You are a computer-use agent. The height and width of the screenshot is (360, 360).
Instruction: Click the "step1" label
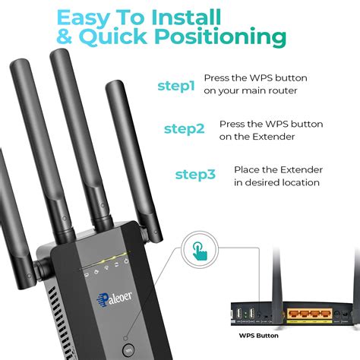coord(176,87)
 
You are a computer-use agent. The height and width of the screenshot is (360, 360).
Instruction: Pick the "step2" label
coord(184,129)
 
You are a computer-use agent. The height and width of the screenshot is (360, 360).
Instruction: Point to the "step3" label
coord(195,175)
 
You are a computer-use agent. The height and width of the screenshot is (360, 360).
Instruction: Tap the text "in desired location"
coord(276,182)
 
